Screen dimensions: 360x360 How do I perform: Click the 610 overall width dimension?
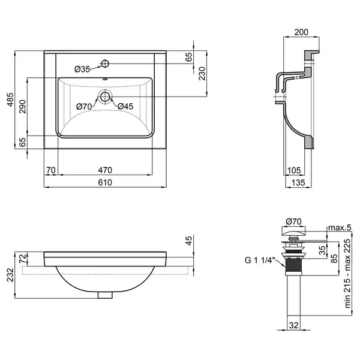105,182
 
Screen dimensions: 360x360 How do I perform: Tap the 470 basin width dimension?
105,170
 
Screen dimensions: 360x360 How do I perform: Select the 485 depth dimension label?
10,100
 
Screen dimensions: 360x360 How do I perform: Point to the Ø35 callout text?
82,69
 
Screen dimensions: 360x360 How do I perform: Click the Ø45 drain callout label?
125,106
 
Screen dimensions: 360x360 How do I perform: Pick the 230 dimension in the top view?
202,73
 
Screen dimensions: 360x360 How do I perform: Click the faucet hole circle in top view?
105,64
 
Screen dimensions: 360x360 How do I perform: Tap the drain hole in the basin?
105,97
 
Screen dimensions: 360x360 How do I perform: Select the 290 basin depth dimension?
23,106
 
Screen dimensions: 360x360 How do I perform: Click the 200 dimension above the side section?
301,32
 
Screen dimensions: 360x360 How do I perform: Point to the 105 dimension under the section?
294,170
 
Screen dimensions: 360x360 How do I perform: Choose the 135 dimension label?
298,182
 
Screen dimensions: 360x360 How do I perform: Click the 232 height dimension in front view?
10,275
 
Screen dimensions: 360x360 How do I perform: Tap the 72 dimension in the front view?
23,259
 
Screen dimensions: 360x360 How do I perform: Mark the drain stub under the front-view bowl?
105,295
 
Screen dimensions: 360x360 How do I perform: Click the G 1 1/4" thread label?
260,260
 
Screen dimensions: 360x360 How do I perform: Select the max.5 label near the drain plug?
340,227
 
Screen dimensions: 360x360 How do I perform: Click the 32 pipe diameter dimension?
293,325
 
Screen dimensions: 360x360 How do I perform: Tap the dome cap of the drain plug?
293,231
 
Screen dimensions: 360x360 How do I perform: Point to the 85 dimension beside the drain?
335,258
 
